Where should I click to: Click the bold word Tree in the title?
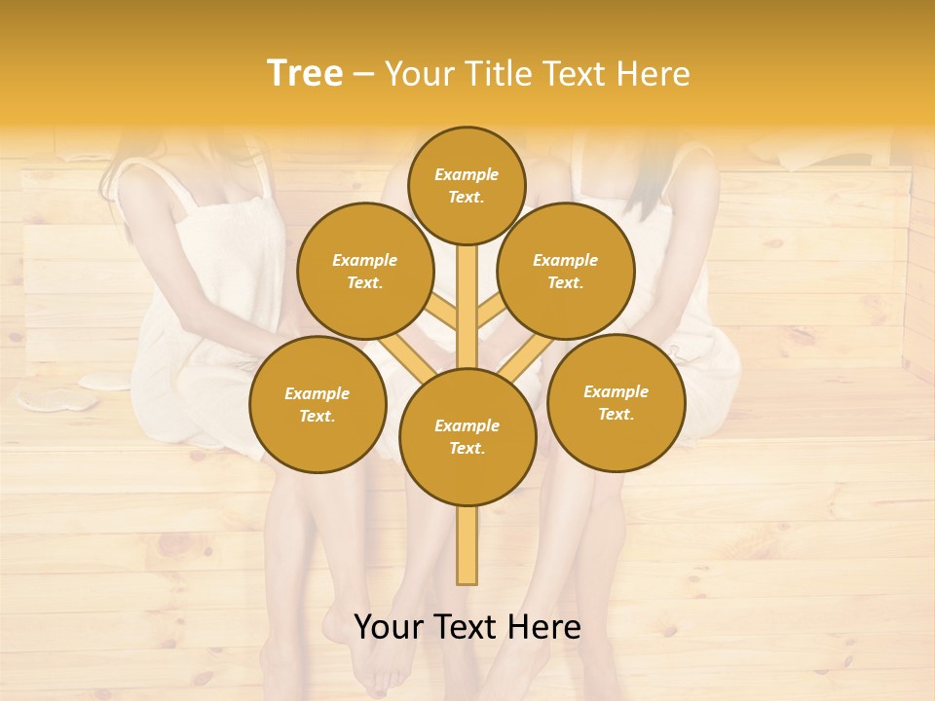(305, 74)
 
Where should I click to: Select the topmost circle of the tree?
(467, 185)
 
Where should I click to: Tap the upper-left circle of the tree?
(365, 271)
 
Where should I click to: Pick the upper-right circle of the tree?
(566, 271)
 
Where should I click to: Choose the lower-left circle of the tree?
(318, 404)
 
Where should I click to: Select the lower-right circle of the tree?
(617, 402)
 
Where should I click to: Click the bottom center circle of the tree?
(467, 437)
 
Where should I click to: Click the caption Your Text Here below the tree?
(467, 628)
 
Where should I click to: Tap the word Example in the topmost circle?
(467, 175)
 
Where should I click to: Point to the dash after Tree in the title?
(363, 75)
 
